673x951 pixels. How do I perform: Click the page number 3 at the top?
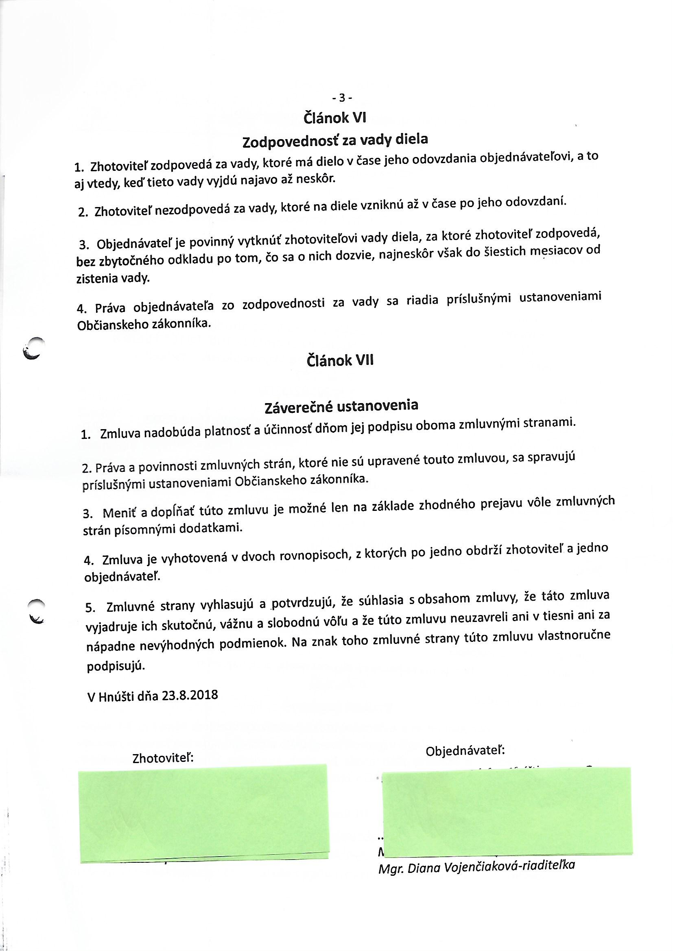[x=342, y=98]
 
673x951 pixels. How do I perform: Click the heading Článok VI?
[x=335, y=118]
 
